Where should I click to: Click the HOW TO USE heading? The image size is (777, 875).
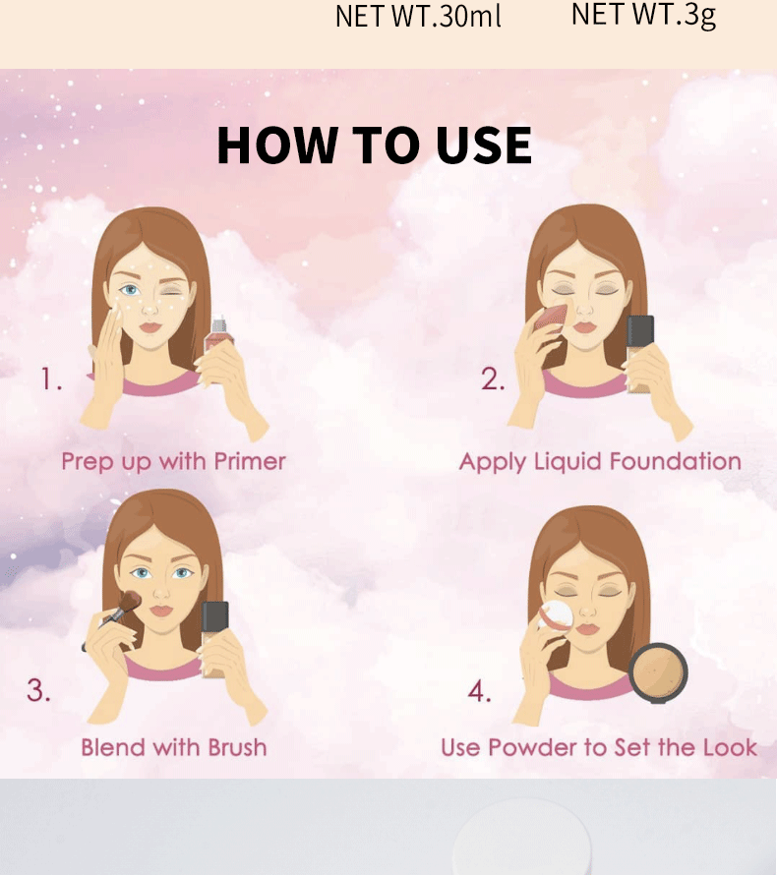pyautogui.click(x=374, y=146)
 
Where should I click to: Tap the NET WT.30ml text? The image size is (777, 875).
pyautogui.click(x=418, y=16)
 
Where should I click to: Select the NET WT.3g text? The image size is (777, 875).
pyautogui.click(x=643, y=15)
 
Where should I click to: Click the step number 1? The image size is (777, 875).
pyautogui.click(x=51, y=379)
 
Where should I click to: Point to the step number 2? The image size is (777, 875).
pyautogui.click(x=493, y=379)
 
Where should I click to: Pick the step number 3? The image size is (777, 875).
pyautogui.click(x=38, y=690)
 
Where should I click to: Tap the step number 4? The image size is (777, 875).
pyautogui.click(x=480, y=691)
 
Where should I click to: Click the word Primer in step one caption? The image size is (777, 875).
pyautogui.click(x=250, y=461)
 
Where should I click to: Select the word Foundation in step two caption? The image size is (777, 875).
pyautogui.click(x=675, y=461)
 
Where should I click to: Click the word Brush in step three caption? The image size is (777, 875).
pyautogui.click(x=237, y=747)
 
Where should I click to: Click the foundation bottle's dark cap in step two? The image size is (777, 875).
pyautogui.click(x=640, y=331)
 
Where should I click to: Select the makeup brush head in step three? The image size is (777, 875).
pyautogui.click(x=130, y=602)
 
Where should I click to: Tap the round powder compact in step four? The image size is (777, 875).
pyautogui.click(x=658, y=673)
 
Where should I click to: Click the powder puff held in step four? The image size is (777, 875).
pyautogui.click(x=556, y=616)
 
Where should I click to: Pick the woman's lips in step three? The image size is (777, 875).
pyautogui.click(x=161, y=611)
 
